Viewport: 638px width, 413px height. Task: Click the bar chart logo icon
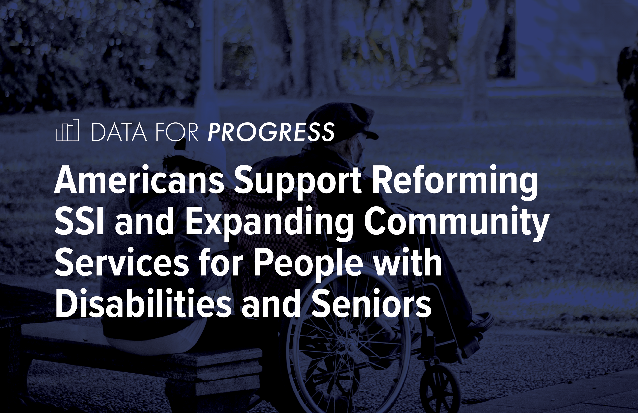(67, 130)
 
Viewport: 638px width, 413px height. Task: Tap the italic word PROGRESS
(271, 132)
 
